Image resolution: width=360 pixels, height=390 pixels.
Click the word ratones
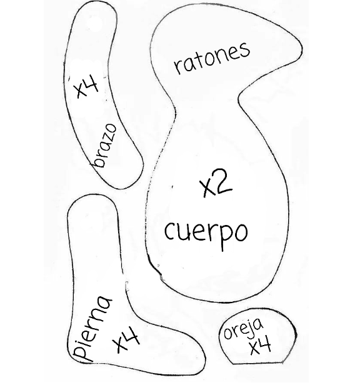(211, 57)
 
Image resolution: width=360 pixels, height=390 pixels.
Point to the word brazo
(104, 146)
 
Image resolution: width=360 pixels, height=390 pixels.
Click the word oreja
(243, 328)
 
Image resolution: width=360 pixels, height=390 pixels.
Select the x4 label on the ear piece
(260, 346)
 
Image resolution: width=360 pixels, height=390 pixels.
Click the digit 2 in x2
(223, 182)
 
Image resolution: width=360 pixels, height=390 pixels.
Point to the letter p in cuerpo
(223, 237)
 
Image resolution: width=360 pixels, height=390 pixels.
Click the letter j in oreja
(251, 326)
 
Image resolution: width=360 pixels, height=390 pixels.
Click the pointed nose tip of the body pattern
(302, 49)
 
